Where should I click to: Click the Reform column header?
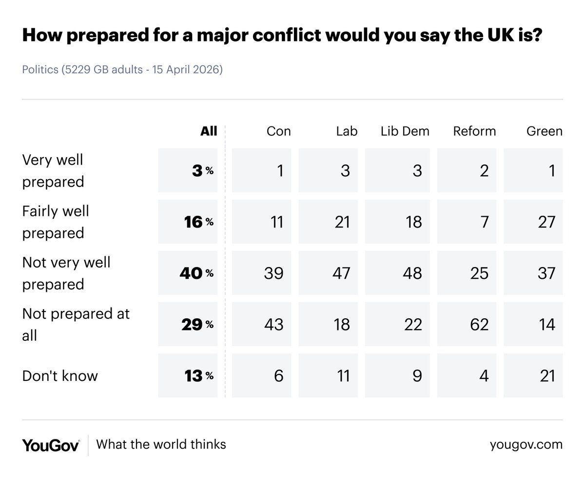[474, 131]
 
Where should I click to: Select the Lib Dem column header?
[405, 131]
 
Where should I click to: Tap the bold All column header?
[209, 131]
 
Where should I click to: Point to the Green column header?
[544, 131]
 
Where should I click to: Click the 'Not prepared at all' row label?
[76, 324]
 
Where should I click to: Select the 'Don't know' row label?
[60, 375]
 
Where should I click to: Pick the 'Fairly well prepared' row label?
[56, 222]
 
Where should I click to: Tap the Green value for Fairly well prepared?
[546, 222]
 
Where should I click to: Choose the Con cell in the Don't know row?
[278, 375]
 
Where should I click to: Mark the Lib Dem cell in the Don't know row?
[417, 375]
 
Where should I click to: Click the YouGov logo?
[51, 445]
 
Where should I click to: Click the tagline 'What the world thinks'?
[161, 444]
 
